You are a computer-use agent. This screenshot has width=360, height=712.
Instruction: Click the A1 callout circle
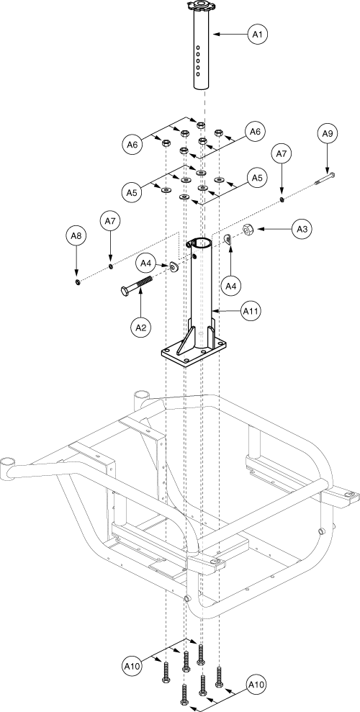(258, 34)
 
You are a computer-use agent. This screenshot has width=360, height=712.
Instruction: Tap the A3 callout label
(302, 230)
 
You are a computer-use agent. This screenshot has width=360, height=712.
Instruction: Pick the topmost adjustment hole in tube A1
(198, 47)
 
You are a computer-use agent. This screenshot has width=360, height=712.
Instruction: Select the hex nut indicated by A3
(248, 230)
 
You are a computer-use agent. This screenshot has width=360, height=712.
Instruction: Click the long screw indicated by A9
(325, 179)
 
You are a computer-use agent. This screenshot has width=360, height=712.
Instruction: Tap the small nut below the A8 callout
(78, 283)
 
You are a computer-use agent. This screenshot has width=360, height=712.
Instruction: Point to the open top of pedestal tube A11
(201, 241)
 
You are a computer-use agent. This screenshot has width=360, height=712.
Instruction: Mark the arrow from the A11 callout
(227, 311)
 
